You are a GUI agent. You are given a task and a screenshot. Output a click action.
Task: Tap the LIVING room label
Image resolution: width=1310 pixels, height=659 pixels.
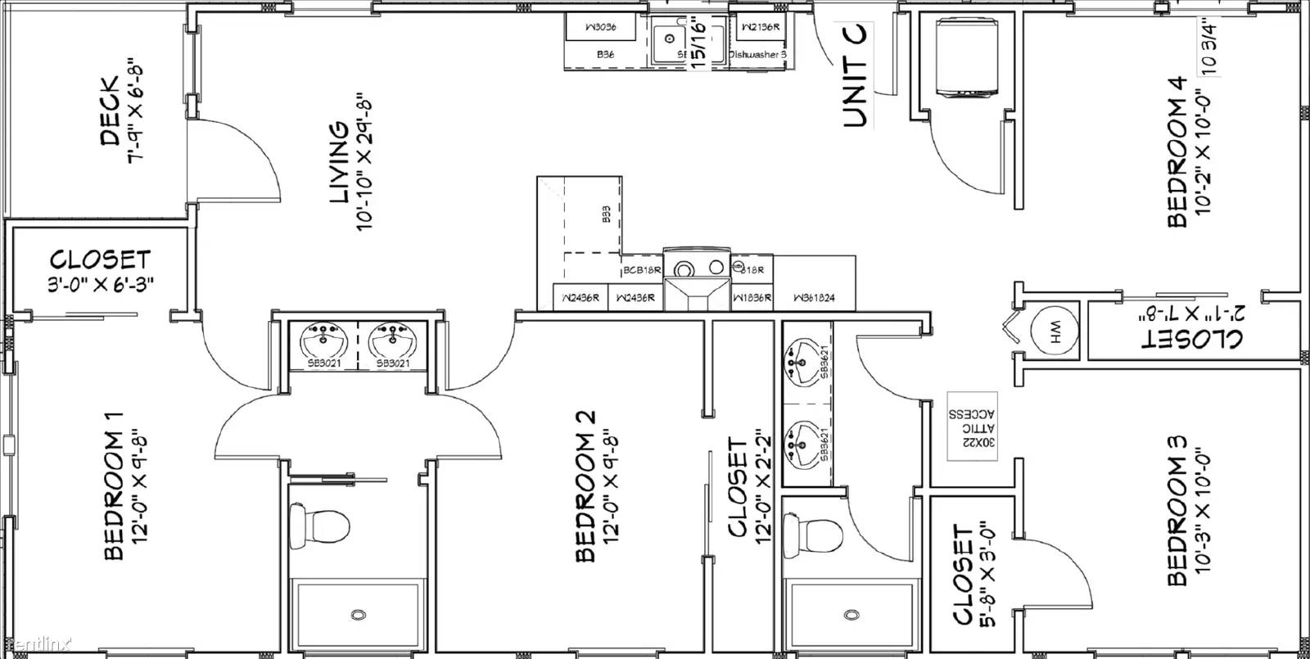(x=338, y=163)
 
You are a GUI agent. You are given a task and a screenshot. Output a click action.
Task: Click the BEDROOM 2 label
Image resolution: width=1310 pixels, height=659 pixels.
(x=585, y=486)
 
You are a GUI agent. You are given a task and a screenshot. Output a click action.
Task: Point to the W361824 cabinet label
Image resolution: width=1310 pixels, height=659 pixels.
(x=813, y=299)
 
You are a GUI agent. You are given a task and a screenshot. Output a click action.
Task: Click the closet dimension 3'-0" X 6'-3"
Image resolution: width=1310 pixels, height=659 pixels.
(x=100, y=282)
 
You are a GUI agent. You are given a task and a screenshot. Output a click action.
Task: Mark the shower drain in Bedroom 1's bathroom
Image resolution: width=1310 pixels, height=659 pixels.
(x=358, y=615)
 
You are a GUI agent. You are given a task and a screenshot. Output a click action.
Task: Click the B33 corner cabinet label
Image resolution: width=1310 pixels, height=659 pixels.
(x=606, y=214)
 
